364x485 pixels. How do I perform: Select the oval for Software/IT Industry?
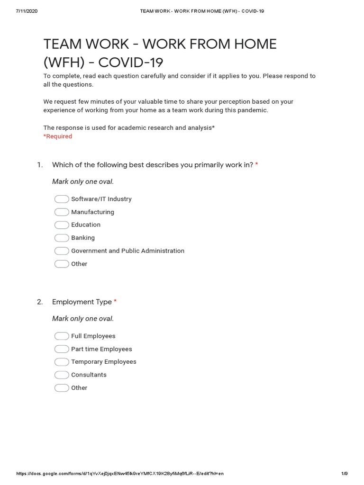pyautogui.click(x=62, y=199)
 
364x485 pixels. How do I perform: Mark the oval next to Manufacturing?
pyautogui.click(x=62, y=212)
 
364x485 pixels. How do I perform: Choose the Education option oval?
pyautogui.click(x=62, y=225)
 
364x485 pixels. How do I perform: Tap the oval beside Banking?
pyautogui.click(x=62, y=238)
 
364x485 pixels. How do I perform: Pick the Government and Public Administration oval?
pyautogui.click(x=62, y=251)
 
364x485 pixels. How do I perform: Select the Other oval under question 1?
pyautogui.click(x=62, y=264)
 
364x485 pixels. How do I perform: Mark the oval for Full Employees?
pyautogui.click(x=62, y=336)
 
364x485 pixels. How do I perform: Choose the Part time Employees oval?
pyautogui.click(x=62, y=349)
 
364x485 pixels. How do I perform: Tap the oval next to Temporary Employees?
pyautogui.click(x=62, y=362)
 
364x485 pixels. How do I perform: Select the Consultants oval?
pyautogui.click(x=62, y=375)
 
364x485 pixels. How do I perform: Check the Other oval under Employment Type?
pyautogui.click(x=62, y=388)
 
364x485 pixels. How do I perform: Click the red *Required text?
pyautogui.click(x=58, y=136)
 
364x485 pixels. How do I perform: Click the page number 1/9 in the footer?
pyautogui.click(x=345, y=474)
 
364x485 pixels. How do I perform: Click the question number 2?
pyautogui.click(x=40, y=302)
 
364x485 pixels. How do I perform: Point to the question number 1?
pyautogui.click(x=40, y=165)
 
